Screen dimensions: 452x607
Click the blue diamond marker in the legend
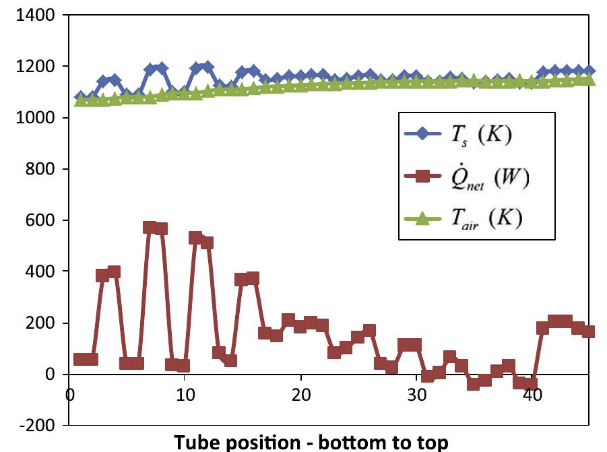click(x=422, y=133)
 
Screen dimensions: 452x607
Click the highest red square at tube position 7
click(x=150, y=227)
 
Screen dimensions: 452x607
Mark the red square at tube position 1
click(x=79, y=359)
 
